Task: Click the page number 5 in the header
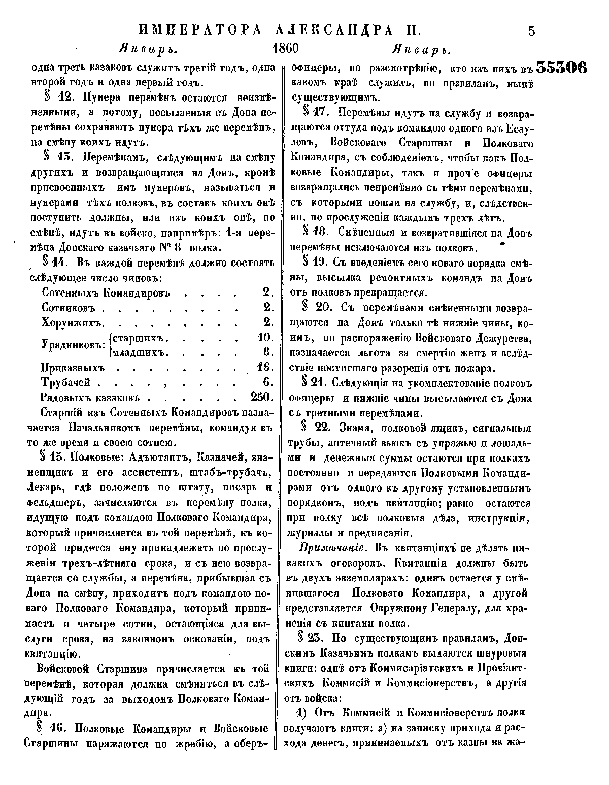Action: pos(531,31)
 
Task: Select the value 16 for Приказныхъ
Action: pos(265,367)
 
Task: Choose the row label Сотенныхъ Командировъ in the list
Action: pos(106,293)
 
